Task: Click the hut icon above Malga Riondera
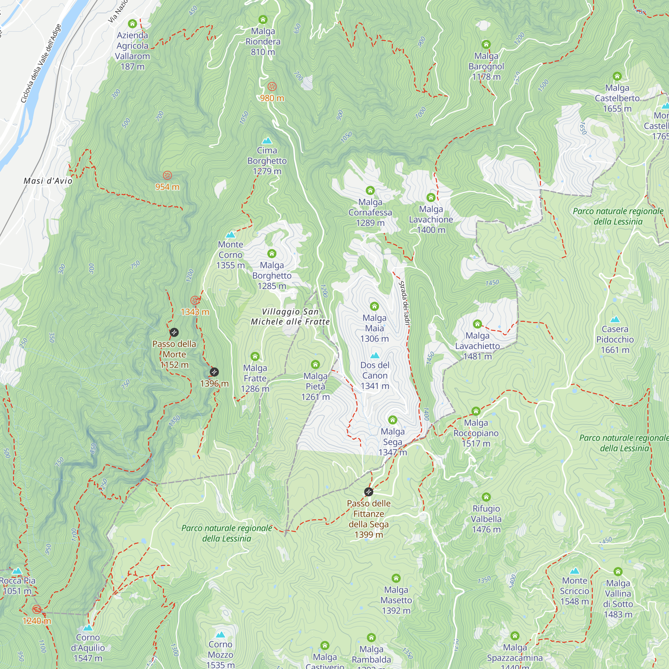(263, 19)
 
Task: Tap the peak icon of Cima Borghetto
(267, 140)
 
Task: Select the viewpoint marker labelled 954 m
(167, 175)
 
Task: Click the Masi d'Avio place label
(48, 181)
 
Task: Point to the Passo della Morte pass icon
(174, 332)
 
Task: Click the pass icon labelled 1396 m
(214, 372)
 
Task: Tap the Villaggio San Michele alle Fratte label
(290, 316)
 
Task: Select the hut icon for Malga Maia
(374, 306)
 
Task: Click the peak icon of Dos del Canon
(375, 356)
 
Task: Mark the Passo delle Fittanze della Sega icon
(369, 492)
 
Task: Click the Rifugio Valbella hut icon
(486, 497)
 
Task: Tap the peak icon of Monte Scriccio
(574, 571)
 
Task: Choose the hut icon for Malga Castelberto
(617, 76)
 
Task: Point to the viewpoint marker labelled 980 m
(272, 87)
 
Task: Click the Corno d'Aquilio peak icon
(88, 628)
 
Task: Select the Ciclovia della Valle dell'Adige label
(40, 63)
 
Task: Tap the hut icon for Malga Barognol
(486, 44)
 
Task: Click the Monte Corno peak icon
(230, 235)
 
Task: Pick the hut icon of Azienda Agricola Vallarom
(132, 23)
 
